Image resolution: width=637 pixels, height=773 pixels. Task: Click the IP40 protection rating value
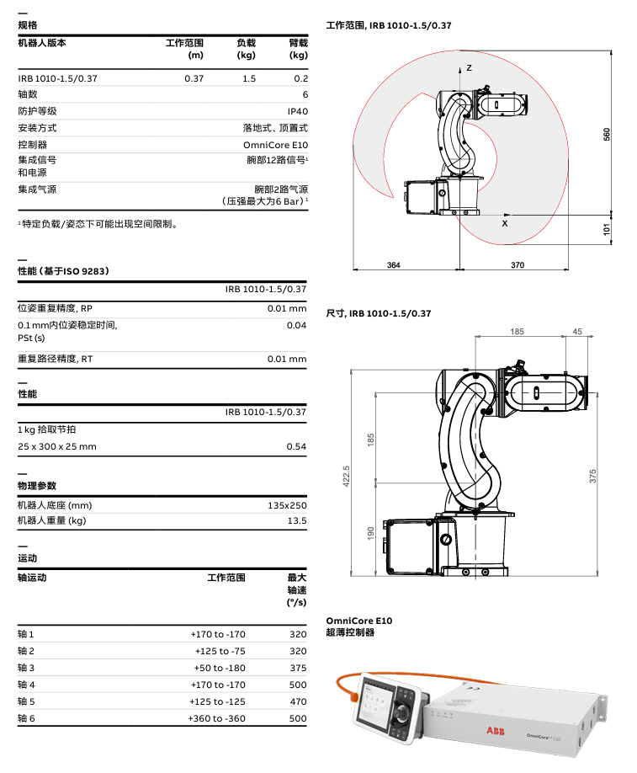(x=298, y=111)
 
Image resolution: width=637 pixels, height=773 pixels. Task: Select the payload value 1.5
(x=249, y=78)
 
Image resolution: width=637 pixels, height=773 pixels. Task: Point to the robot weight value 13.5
(x=298, y=521)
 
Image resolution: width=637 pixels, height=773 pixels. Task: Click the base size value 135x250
(x=287, y=505)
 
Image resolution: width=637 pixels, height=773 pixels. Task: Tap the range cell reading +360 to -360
(x=217, y=718)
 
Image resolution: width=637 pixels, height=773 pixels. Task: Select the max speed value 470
(x=298, y=701)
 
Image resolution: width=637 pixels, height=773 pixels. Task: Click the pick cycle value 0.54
(x=296, y=446)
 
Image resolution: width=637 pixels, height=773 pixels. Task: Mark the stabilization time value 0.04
(x=296, y=325)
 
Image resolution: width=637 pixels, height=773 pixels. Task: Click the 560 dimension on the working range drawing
(x=607, y=134)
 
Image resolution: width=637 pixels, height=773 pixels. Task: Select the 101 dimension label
(x=607, y=229)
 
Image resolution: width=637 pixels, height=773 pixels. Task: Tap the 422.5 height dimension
(x=345, y=474)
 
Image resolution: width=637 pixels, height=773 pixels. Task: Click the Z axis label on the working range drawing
(x=470, y=67)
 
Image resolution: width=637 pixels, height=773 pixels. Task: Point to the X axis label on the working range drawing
(x=505, y=224)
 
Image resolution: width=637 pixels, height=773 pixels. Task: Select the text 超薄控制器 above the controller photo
(x=350, y=632)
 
